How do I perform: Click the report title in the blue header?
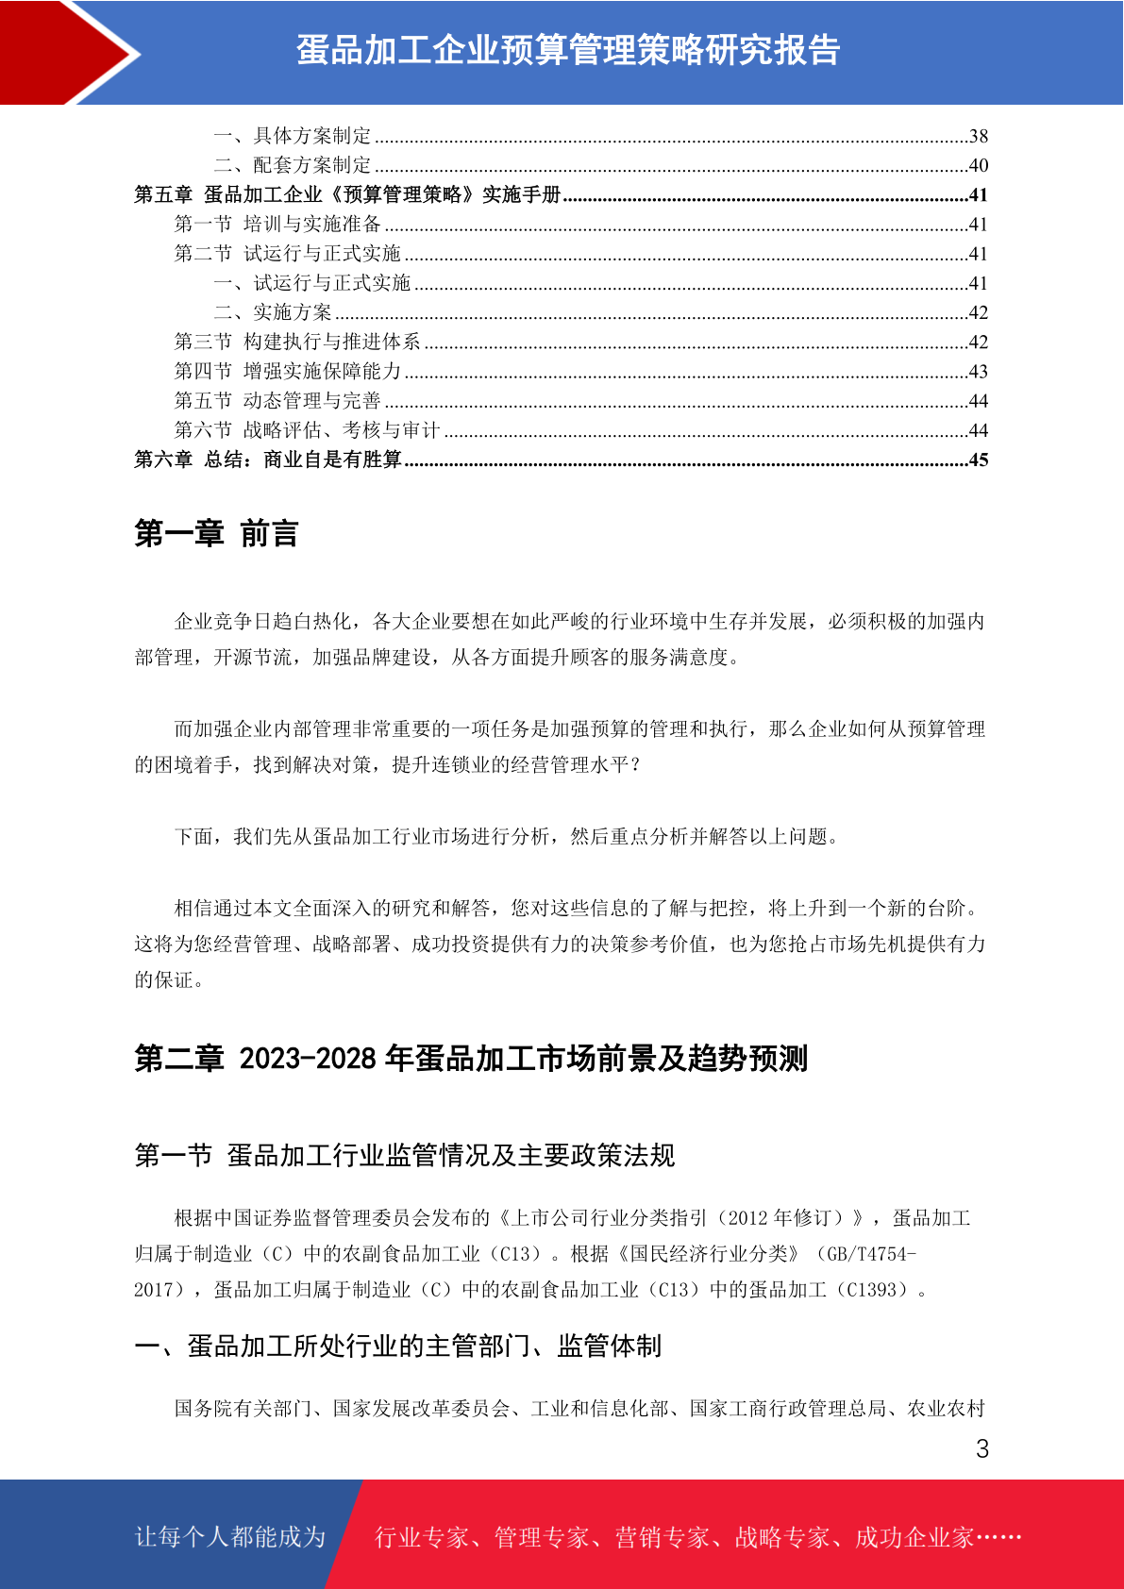pos(568,50)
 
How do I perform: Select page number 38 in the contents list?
pos(978,136)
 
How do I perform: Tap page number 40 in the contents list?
pos(978,165)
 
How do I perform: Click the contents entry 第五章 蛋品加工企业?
pos(347,194)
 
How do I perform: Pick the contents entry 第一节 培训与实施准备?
pos(277,224)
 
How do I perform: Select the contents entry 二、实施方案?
pos(273,312)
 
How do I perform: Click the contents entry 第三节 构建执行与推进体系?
pos(297,342)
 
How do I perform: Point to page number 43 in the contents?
pos(978,372)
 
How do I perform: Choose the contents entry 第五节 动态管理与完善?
pos(277,401)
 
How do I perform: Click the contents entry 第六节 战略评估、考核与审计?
pos(307,430)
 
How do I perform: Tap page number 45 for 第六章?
pos(978,460)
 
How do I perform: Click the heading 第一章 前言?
pos(216,534)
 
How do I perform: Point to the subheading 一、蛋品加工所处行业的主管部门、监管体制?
pos(397,1346)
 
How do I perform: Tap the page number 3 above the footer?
pos(981,1449)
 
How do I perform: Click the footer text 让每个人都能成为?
pos(230,1537)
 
